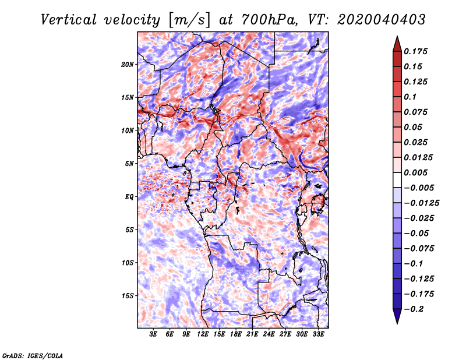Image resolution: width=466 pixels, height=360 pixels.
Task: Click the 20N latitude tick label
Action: pyautogui.click(x=128, y=65)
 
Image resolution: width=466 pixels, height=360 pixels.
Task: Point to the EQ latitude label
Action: pyautogui.click(x=129, y=197)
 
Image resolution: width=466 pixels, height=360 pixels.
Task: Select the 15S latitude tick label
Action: pyautogui.click(x=128, y=296)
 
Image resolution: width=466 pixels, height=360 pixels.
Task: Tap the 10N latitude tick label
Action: pyautogui.click(x=128, y=130)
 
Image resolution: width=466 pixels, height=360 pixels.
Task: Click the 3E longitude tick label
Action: pyautogui.click(x=153, y=334)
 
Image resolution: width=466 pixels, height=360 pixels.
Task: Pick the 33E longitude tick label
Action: pyautogui.click(x=318, y=334)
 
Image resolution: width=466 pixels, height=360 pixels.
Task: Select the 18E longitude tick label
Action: pyautogui.click(x=236, y=334)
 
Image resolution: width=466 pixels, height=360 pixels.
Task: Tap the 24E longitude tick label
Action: pyautogui.click(x=269, y=334)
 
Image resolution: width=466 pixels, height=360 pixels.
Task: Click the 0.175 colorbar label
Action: pyautogui.click(x=415, y=51)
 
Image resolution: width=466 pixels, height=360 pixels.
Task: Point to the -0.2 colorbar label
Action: pyautogui.click(x=414, y=309)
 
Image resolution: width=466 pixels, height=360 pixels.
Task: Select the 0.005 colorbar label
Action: pyautogui.click(x=415, y=172)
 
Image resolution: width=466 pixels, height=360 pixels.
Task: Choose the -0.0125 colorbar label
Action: pyautogui.click(x=421, y=203)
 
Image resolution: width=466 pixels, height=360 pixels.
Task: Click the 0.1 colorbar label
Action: pyautogui.click(x=410, y=97)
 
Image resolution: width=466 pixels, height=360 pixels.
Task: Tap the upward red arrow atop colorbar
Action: pyautogui.click(x=397, y=44)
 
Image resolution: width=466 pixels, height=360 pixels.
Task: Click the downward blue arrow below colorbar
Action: pyautogui.click(x=397, y=316)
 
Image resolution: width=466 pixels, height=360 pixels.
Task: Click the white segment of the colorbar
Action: pyautogui.click(x=397, y=180)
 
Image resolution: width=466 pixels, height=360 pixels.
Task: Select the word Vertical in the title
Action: pyautogui.click(x=69, y=20)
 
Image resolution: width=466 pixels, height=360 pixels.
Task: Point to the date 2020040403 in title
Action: pyautogui.click(x=382, y=20)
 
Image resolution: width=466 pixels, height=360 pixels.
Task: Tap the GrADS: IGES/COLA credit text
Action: pyautogui.click(x=33, y=355)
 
